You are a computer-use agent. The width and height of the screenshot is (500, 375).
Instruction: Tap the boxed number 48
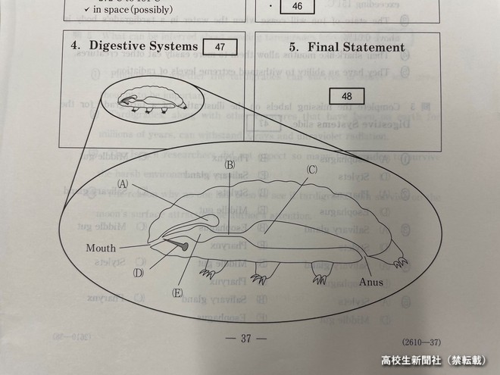(x=347, y=96)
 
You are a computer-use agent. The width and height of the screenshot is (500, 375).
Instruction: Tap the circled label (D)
(x=139, y=273)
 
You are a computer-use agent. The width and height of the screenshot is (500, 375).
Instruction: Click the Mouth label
(x=101, y=247)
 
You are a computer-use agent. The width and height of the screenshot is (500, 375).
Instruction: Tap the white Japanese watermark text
(x=428, y=361)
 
